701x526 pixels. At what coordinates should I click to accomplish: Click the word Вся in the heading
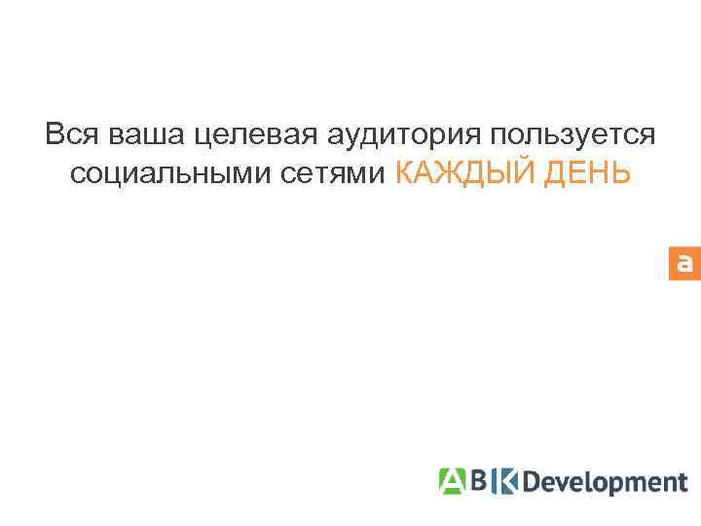point(67,134)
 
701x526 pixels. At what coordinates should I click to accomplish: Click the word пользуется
point(574,134)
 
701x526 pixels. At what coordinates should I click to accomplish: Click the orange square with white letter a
point(684,263)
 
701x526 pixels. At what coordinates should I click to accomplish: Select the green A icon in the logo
point(451,480)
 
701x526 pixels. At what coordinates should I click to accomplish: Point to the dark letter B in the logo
point(479,480)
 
